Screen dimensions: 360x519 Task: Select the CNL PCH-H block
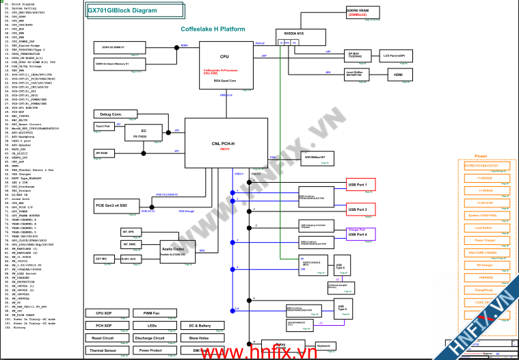pyautogui.click(x=223, y=143)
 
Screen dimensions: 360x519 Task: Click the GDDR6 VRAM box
pyautogui.click(x=357, y=12)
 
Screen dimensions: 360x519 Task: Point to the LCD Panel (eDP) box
pyautogui.click(x=393, y=55)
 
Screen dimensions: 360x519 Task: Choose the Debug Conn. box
pyautogui.click(x=111, y=114)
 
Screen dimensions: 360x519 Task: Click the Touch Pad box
pyautogui.click(x=103, y=127)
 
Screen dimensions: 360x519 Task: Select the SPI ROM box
pyautogui.click(x=103, y=153)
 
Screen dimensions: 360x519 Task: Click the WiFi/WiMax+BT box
pyautogui.click(x=319, y=158)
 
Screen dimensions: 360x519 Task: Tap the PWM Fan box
pyautogui.click(x=151, y=313)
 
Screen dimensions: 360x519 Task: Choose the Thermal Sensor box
pyautogui.click(x=103, y=350)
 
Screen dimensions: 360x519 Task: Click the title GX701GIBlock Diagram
pyautogui.click(x=122, y=10)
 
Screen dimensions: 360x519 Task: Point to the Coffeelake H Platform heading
pyautogui.click(x=213, y=29)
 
